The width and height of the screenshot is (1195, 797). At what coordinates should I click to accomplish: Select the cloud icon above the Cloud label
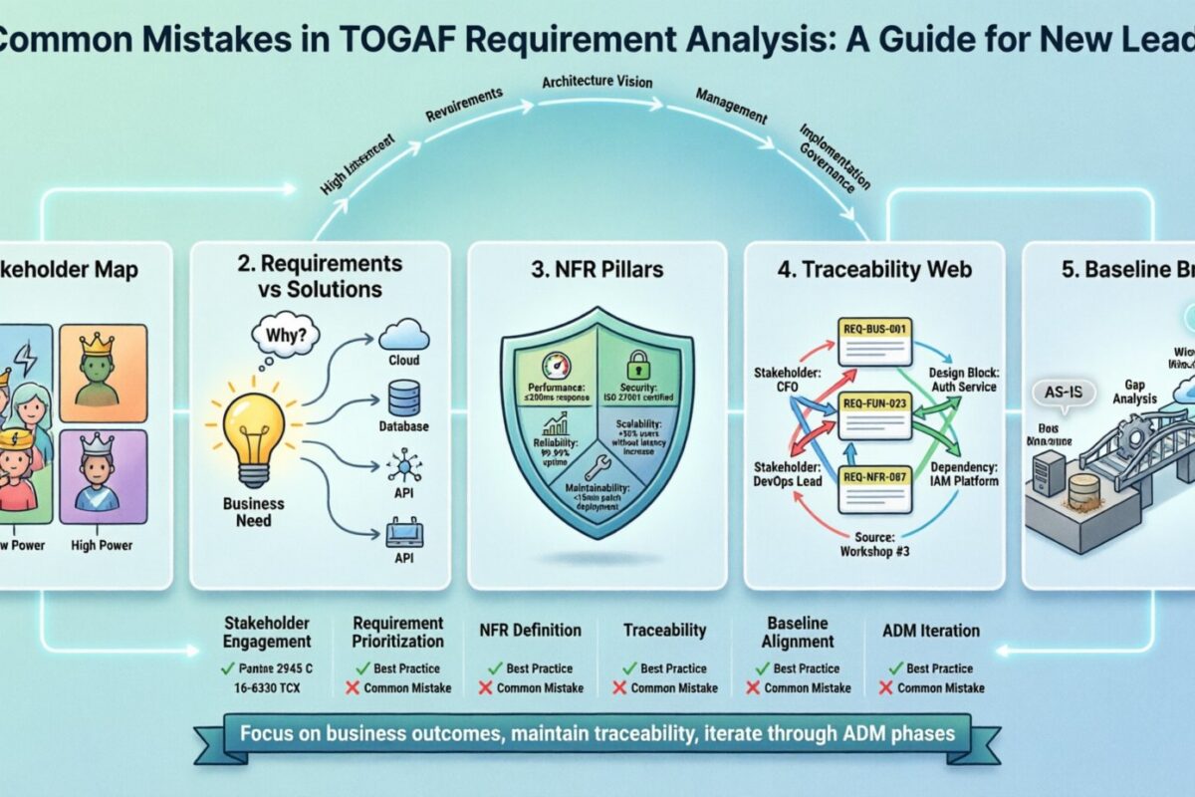pyautogui.click(x=403, y=332)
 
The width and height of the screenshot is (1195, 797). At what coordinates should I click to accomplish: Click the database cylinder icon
pyautogui.click(x=403, y=398)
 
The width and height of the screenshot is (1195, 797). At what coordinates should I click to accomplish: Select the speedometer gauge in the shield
pyautogui.click(x=555, y=366)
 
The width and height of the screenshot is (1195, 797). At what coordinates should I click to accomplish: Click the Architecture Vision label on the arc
pyautogui.click(x=596, y=81)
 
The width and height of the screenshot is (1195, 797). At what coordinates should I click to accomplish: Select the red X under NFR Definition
pyautogui.click(x=486, y=687)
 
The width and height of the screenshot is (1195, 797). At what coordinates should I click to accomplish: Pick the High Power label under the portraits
pyautogui.click(x=102, y=545)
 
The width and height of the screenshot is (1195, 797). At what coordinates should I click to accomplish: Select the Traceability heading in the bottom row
pyautogui.click(x=664, y=630)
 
